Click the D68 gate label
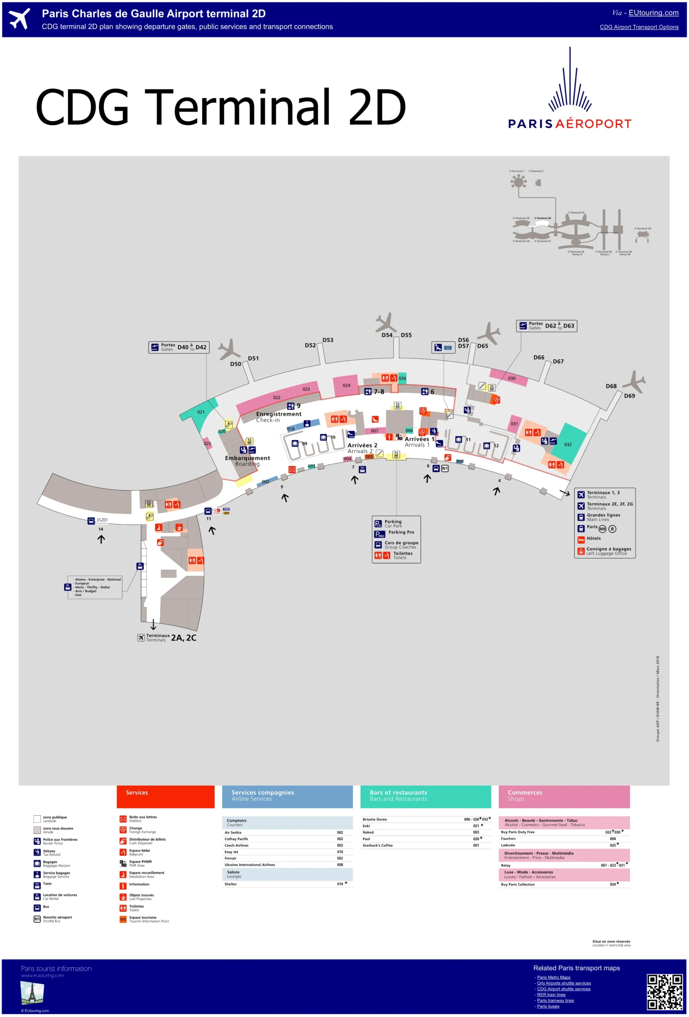point(611,386)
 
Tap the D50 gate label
point(235,363)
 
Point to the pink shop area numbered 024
point(346,385)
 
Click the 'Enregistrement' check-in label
point(279,414)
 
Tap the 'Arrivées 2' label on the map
point(362,445)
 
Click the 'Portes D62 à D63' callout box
point(546,326)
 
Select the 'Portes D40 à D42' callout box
point(178,347)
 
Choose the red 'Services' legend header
point(165,796)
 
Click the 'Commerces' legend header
point(564,796)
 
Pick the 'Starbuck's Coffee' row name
point(377,845)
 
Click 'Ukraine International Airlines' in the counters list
point(250,865)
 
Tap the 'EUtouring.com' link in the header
point(653,13)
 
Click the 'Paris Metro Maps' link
point(554,977)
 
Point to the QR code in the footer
point(664,991)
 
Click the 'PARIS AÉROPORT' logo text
point(569,124)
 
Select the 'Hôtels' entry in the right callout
point(593,538)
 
